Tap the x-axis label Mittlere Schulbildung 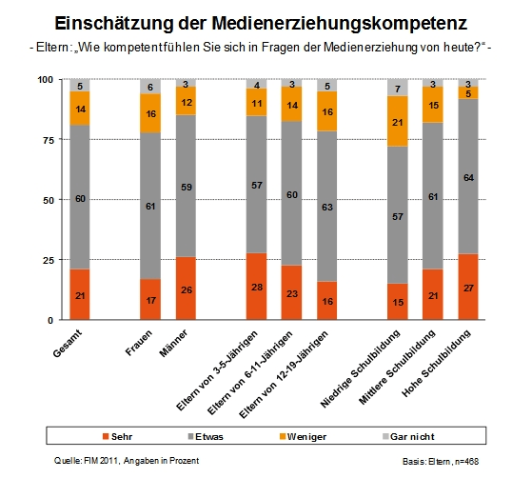click(x=414, y=357)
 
